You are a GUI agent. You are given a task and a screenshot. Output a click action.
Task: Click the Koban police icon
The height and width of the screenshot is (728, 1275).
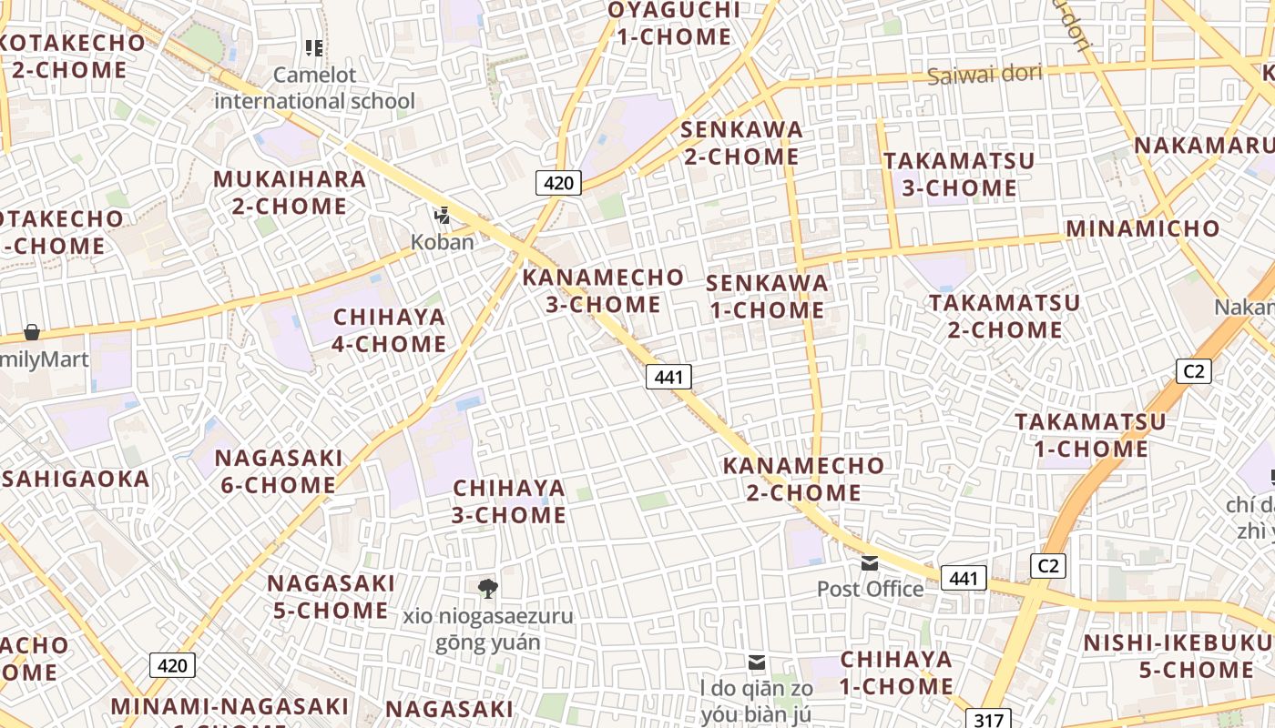click(443, 216)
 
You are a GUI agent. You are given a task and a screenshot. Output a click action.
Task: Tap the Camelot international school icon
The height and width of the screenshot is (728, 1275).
click(314, 47)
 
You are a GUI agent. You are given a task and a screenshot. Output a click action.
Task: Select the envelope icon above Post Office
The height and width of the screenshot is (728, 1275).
click(870, 563)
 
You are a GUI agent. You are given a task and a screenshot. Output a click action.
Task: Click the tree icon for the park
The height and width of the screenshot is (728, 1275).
click(488, 589)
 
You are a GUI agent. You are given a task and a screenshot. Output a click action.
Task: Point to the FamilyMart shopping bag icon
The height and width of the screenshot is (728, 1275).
click(32, 332)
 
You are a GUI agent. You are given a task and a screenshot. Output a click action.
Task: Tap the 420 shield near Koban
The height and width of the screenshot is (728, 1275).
click(558, 183)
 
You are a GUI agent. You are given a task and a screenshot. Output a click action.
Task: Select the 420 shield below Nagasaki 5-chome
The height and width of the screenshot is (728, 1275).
click(172, 665)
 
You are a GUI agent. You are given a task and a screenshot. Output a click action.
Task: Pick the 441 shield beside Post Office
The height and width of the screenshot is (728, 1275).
click(964, 578)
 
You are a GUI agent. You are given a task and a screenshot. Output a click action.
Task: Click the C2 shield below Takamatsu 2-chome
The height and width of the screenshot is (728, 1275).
click(1193, 371)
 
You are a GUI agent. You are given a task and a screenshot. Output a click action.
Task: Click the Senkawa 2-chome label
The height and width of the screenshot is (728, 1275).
click(742, 143)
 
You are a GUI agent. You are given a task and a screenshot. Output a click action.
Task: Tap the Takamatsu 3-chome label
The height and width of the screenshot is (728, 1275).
click(959, 174)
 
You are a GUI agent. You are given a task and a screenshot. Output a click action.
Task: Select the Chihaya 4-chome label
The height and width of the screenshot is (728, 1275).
click(390, 330)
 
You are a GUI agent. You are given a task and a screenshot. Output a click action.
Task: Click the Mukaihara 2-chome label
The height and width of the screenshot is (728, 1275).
click(290, 192)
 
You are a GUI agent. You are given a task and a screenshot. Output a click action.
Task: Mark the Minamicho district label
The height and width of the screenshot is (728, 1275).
click(1142, 228)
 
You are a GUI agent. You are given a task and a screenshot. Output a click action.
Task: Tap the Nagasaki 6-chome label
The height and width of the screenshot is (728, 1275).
click(279, 471)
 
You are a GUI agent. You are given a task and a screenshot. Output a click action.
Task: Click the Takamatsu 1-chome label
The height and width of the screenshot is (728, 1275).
click(1090, 435)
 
